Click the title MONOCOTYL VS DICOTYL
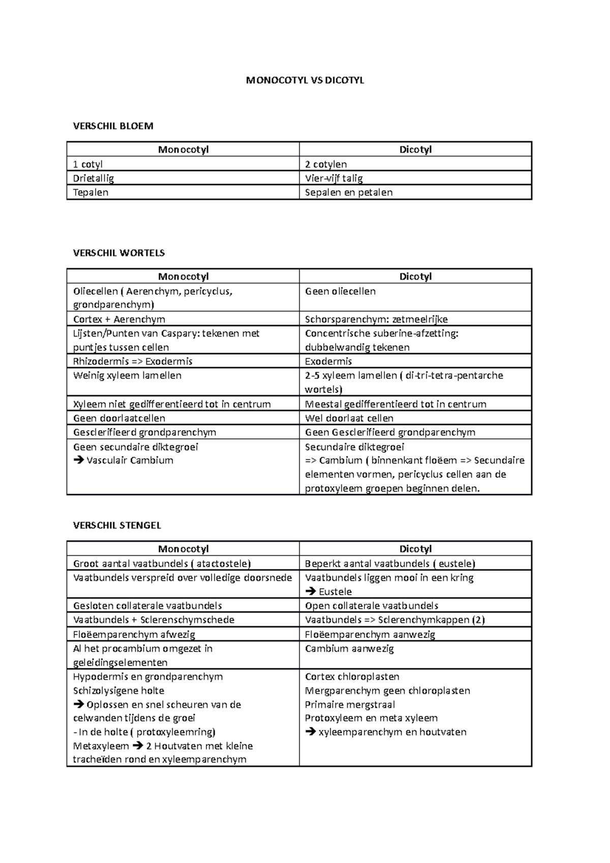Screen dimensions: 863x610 coord(305,80)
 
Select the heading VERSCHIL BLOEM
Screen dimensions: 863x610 coord(113,126)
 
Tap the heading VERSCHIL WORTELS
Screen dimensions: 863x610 coord(119,253)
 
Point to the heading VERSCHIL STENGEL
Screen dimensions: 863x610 coord(117,525)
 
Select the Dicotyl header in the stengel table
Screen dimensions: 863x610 coord(415,549)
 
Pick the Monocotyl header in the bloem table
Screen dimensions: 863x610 coord(183,149)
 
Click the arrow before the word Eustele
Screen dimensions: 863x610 coord(310,592)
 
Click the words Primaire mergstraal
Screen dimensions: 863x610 coord(350,704)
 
